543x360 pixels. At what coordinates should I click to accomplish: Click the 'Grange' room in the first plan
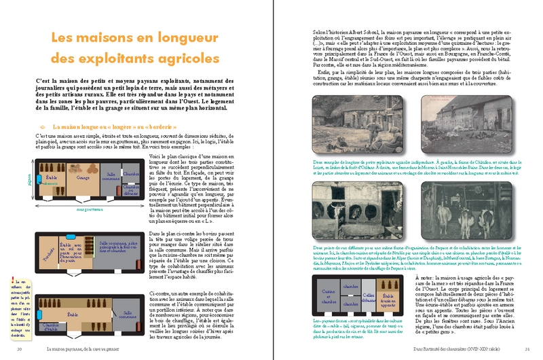click(x=83, y=178)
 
